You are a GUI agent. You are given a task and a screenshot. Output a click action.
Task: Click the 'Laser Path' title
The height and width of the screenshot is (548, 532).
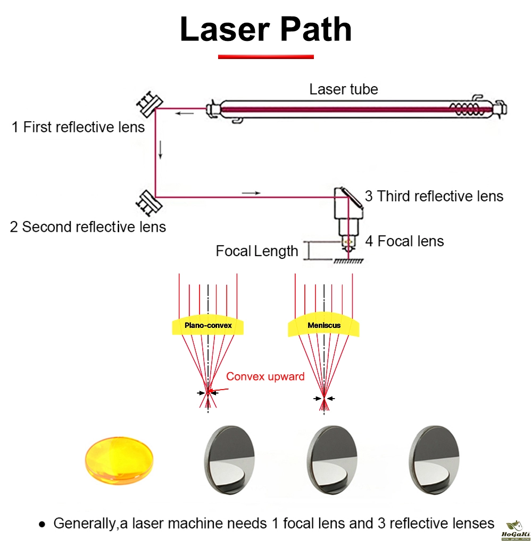tap(266, 29)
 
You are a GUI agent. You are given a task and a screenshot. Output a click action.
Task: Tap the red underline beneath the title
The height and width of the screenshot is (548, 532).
tap(266, 56)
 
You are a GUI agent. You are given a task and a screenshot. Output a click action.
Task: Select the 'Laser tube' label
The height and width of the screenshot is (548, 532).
tap(344, 89)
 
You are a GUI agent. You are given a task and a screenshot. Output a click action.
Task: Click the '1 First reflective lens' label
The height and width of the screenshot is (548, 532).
tap(78, 128)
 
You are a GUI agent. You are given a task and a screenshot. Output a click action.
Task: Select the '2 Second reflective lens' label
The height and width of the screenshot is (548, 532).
tap(88, 227)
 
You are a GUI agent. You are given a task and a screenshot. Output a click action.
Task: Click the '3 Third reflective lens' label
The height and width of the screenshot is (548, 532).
tap(434, 196)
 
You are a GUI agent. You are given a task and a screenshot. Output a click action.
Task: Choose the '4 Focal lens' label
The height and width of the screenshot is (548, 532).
tap(404, 241)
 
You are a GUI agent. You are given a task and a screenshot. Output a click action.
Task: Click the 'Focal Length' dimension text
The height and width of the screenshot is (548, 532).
tap(257, 251)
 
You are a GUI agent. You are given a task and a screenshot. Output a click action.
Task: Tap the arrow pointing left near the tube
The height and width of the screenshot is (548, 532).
tap(186, 113)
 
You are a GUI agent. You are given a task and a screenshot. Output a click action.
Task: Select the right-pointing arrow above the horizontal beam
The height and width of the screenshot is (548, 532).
tap(251, 192)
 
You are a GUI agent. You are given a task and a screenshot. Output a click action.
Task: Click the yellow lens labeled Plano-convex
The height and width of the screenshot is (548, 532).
tap(208, 326)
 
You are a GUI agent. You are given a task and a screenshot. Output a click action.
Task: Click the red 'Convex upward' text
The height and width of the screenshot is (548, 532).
tap(265, 377)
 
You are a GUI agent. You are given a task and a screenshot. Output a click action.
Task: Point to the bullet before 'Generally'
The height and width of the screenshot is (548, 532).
tap(42, 524)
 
